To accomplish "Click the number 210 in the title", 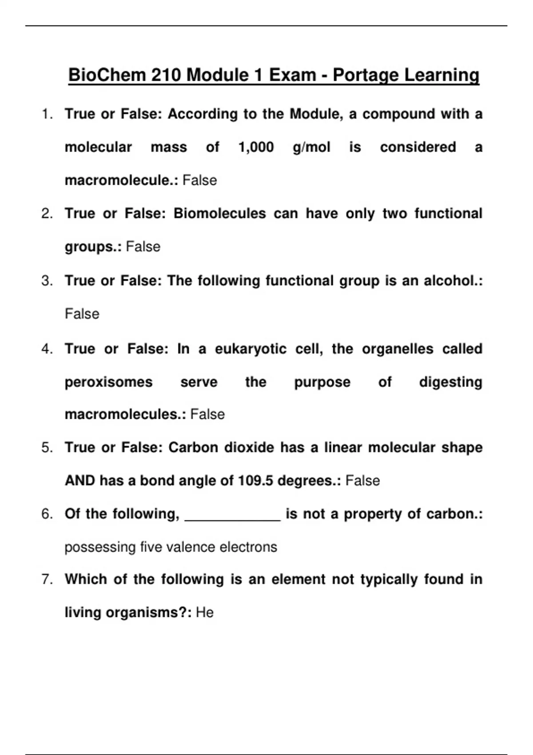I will (166, 75).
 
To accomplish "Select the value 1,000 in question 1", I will (256, 147).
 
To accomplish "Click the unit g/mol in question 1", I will (311, 147).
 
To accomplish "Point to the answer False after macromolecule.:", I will (199, 180).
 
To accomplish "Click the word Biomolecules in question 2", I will (219, 214).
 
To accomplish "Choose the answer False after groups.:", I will (143, 246).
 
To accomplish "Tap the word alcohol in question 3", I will (449, 281).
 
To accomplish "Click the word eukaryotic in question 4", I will (251, 349).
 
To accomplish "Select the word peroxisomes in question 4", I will (109, 382).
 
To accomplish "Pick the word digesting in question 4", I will (450, 382).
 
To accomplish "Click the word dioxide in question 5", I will (249, 447).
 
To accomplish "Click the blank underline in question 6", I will (232, 517).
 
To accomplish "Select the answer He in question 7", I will (205, 612).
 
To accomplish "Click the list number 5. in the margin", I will (47, 447).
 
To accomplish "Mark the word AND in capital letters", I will (80, 481).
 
